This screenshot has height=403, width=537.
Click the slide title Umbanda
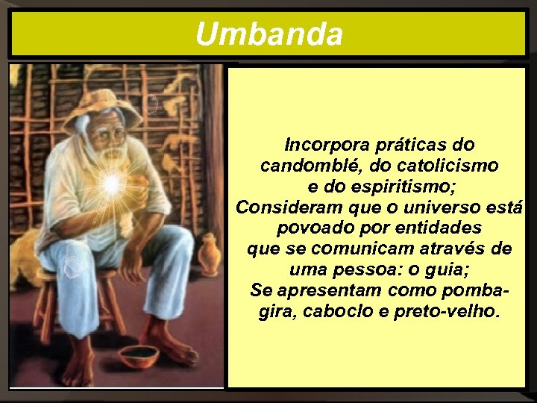click(268, 34)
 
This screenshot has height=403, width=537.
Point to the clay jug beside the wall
click(209, 254)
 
